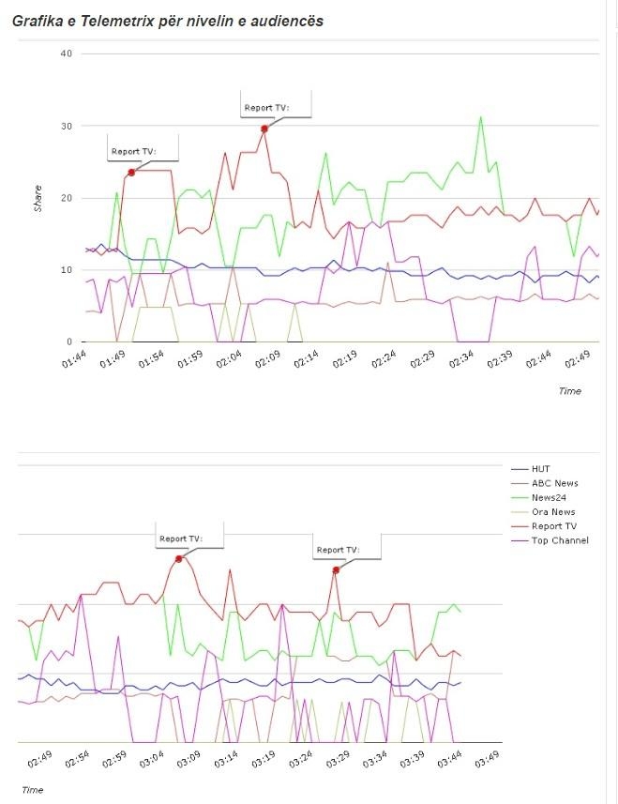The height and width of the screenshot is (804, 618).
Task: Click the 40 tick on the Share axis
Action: click(x=66, y=53)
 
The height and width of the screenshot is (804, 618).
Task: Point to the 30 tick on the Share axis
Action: click(x=66, y=126)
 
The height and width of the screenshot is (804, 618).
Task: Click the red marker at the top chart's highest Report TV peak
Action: click(x=264, y=129)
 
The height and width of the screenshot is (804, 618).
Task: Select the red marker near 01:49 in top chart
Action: click(x=131, y=173)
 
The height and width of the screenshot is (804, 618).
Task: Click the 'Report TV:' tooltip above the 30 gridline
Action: click(x=267, y=108)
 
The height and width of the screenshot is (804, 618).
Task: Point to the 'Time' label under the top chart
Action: click(x=569, y=390)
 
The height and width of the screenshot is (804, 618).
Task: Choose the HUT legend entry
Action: click(x=541, y=468)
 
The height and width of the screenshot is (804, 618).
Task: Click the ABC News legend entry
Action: click(x=554, y=483)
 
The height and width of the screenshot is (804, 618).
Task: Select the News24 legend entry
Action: click(x=549, y=497)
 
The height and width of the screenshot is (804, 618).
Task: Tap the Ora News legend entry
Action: click(x=553, y=511)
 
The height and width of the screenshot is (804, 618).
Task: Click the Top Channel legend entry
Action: click(x=560, y=540)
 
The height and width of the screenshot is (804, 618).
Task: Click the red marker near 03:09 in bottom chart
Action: click(x=179, y=558)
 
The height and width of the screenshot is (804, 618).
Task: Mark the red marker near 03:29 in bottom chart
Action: click(x=336, y=569)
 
